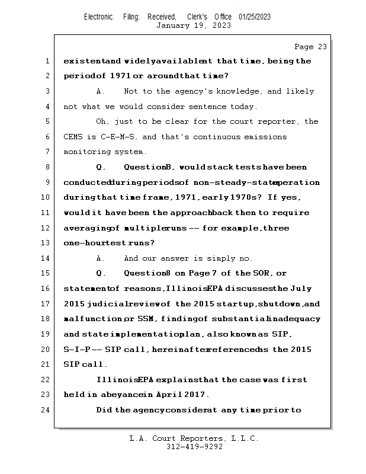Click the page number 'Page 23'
point(310,47)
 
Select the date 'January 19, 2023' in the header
point(193,25)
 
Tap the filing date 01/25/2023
point(255,17)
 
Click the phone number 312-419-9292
point(194,447)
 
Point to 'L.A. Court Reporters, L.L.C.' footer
point(194,438)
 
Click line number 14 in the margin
point(47,258)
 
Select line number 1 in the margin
point(47,61)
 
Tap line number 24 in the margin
point(47,410)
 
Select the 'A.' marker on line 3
point(100,92)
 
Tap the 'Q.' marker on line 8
point(100,168)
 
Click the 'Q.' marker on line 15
point(100,274)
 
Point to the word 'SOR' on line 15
point(262,274)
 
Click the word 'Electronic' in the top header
point(98,17)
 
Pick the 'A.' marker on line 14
point(100,258)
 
